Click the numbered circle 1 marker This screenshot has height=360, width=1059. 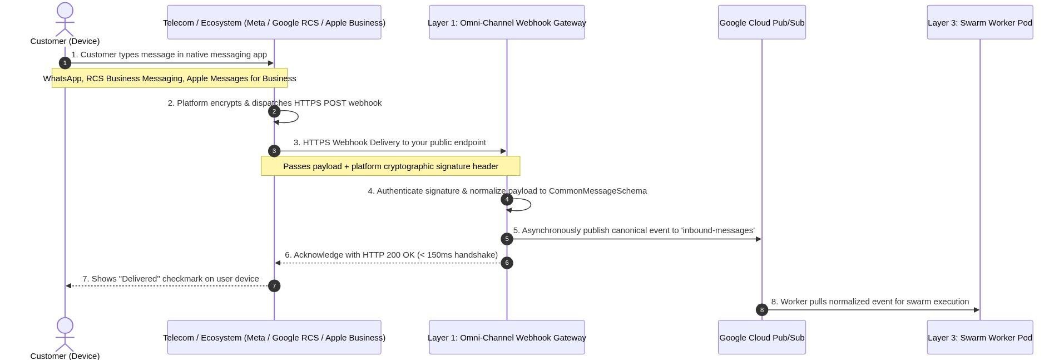tap(65, 63)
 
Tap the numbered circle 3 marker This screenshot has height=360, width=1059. tap(274, 151)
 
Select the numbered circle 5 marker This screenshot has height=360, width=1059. tap(507, 239)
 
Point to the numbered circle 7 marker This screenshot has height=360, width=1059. tap(274, 286)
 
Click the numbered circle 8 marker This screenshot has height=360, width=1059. tap(762, 310)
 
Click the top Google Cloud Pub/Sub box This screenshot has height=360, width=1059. tap(762, 22)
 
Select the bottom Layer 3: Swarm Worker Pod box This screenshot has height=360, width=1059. tap(980, 337)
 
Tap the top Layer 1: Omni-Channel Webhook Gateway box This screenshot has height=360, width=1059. tap(507, 22)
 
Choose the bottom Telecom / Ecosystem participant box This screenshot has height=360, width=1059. tap(274, 337)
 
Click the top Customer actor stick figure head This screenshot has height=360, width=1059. tap(65, 11)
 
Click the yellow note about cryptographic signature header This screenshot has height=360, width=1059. tap(390, 166)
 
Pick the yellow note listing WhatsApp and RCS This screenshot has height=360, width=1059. tap(170, 78)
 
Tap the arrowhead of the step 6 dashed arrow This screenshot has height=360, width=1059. tap(278, 263)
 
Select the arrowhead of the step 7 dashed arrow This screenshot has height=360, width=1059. tap(68, 286)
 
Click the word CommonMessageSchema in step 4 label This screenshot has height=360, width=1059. tap(598, 191)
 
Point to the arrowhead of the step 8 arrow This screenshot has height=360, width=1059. tap(977, 310)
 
